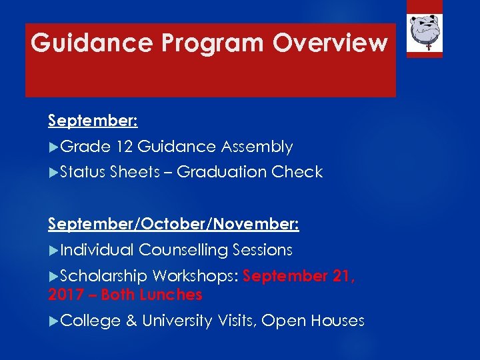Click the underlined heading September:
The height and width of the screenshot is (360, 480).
pos(93,121)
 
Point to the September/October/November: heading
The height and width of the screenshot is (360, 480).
pos(173,224)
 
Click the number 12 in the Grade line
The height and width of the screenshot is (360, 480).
pos(125,147)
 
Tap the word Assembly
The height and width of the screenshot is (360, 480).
pos(257,147)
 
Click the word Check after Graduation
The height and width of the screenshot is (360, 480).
pos(297,172)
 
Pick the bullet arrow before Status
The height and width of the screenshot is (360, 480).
pos(53,172)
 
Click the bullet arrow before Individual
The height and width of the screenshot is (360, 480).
pos(53,250)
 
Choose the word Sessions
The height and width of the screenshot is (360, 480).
pos(263,250)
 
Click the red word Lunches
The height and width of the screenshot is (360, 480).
pos(172,295)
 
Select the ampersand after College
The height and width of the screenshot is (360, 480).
pos(131,321)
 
